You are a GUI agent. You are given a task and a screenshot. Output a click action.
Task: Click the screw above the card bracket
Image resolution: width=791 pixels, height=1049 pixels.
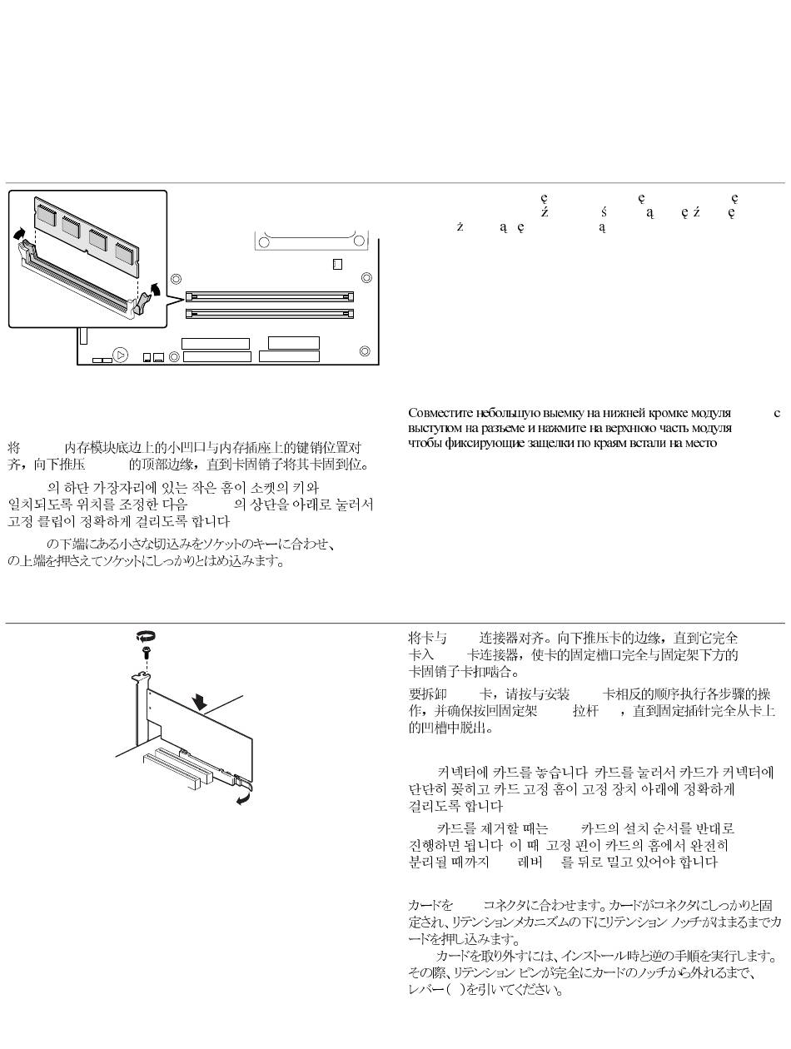pyautogui.click(x=147, y=654)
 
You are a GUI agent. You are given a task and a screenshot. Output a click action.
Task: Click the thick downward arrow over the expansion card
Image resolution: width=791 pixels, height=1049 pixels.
pyautogui.click(x=199, y=703)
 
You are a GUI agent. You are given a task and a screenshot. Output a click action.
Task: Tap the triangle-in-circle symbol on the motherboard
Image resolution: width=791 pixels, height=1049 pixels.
pyautogui.click(x=121, y=355)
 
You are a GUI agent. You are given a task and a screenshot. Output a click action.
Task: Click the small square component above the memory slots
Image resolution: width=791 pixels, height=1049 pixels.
pyautogui.click(x=337, y=264)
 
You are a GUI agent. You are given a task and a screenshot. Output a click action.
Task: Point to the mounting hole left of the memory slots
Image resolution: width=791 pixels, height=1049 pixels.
pyautogui.click(x=175, y=281)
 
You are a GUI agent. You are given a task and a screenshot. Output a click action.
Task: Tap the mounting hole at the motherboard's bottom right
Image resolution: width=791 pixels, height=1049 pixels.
pyautogui.click(x=364, y=351)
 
